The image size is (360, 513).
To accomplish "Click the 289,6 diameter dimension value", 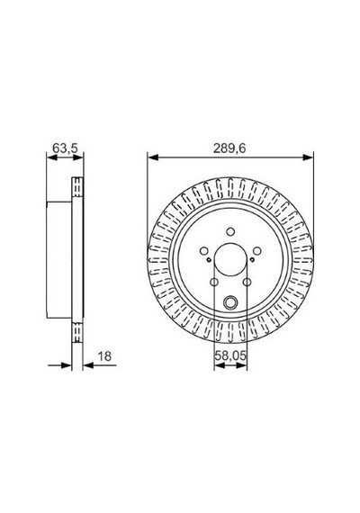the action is click(229, 148).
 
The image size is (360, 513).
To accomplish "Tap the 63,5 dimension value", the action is click(65, 148).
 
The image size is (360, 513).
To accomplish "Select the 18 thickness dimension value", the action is click(104, 356).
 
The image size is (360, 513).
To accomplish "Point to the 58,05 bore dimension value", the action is click(230, 355).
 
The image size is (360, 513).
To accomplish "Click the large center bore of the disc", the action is click(230, 260).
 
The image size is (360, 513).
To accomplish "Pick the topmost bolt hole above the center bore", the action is click(230, 231).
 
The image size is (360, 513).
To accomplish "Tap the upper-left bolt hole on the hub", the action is click(204, 251).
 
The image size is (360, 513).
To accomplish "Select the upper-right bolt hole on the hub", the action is click(257, 251).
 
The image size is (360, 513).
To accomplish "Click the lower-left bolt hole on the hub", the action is click(214, 282).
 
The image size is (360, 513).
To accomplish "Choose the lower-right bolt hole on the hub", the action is click(247, 282).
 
